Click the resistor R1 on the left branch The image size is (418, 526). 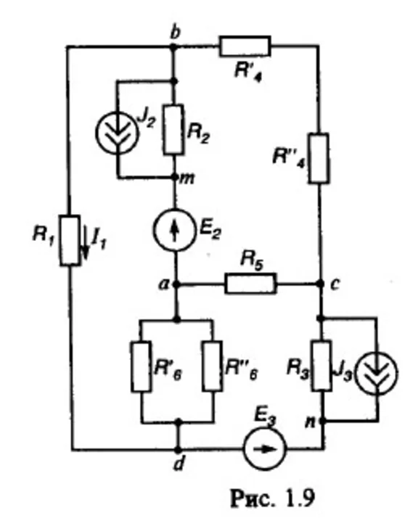[x=70, y=239]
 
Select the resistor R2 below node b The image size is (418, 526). [x=173, y=130]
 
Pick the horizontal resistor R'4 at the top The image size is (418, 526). [x=245, y=47]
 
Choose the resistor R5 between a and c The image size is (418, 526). [x=250, y=284]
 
